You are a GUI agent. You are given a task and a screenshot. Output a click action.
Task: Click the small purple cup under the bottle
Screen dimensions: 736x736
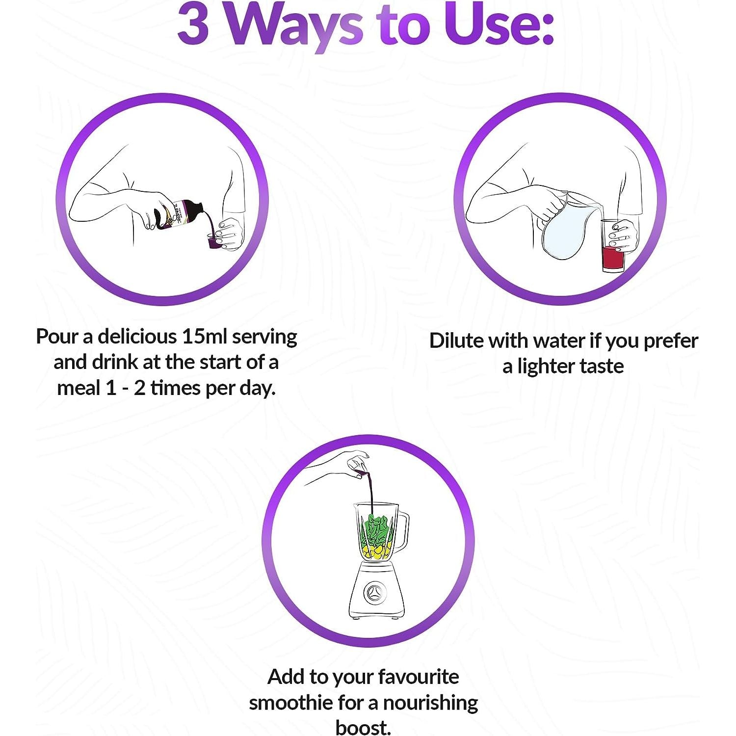point(215,241)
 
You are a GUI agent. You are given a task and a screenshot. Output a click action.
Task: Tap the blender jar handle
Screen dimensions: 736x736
point(401,530)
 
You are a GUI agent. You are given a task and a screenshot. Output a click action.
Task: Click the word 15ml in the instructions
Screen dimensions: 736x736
point(204,337)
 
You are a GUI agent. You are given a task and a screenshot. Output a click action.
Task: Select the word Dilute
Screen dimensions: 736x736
point(457,341)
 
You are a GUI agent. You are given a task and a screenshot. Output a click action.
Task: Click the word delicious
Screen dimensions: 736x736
point(137,337)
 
